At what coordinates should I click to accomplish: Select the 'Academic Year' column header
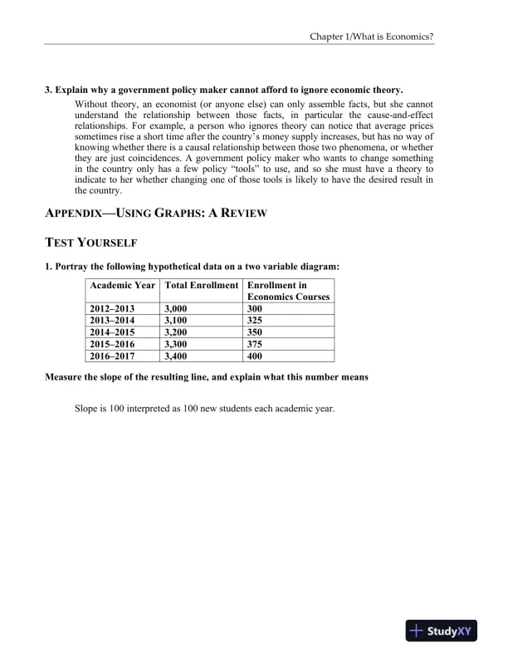pos(123,285)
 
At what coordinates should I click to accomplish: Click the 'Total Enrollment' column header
pos(202,285)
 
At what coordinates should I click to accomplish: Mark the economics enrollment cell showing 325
pos(255,320)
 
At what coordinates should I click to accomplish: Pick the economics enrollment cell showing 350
pos(255,331)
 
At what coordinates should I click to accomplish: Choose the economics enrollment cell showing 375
pos(255,344)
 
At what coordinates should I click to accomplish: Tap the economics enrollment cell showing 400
pos(255,356)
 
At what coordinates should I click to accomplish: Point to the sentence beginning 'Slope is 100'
pos(204,409)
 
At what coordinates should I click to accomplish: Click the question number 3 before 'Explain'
pos(47,89)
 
